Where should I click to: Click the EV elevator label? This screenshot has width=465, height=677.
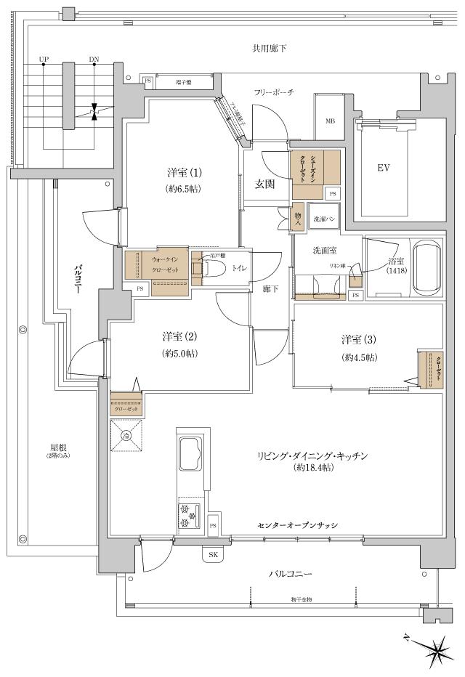(x=383, y=169)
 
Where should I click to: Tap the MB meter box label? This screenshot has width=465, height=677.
(x=330, y=121)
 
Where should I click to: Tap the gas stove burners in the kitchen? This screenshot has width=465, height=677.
(x=187, y=514)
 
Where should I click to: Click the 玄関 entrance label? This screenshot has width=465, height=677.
(x=264, y=184)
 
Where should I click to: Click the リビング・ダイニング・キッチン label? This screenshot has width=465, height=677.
(x=315, y=455)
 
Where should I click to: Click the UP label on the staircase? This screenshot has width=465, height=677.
(x=44, y=59)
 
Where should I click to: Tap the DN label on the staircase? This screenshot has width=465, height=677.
(x=94, y=59)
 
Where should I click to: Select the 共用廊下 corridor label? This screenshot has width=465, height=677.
(x=269, y=49)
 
